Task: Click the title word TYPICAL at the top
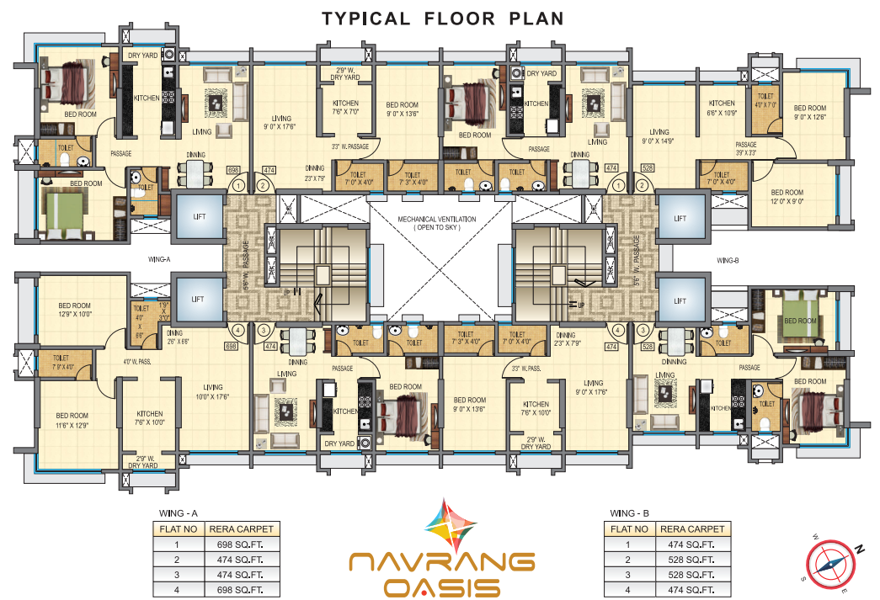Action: (x=366, y=19)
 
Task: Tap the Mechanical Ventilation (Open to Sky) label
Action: (x=437, y=223)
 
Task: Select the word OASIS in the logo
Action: (x=441, y=587)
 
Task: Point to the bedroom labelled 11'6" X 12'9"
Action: (x=72, y=420)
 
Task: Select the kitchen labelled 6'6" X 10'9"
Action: (x=722, y=108)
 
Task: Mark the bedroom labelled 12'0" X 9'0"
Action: (x=787, y=197)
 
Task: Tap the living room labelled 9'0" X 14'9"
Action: (x=659, y=136)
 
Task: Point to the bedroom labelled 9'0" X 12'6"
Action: (x=810, y=112)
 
